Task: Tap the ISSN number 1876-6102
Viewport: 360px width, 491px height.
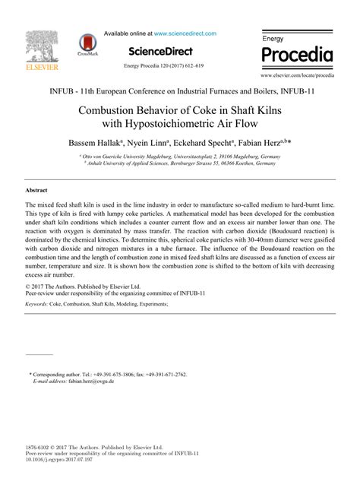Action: point(37,448)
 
